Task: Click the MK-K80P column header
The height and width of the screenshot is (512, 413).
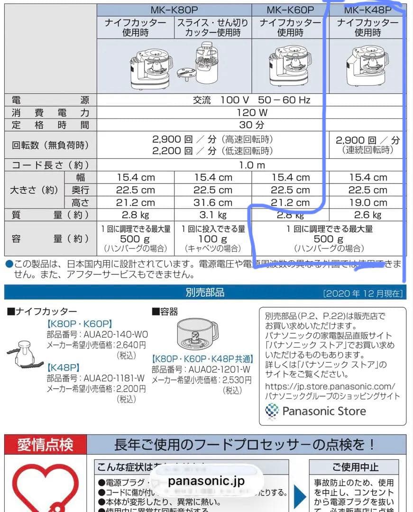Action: pyautogui.click(x=174, y=10)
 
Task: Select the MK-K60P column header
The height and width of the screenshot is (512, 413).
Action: pyautogui.click(x=290, y=10)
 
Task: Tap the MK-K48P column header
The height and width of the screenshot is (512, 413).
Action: pyautogui.click(x=367, y=10)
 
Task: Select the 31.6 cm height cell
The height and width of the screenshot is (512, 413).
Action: pyautogui.click(x=213, y=202)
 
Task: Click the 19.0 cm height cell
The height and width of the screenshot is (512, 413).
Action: pyautogui.click(x=367, y=202)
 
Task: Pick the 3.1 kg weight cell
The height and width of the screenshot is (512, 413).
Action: pyautogui.click(x=213, y=215)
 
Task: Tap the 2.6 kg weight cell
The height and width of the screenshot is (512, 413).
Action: pyautogui.click(x=367, y=215)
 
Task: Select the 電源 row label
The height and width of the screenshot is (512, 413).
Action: pyautogui.click(x=50, y=100)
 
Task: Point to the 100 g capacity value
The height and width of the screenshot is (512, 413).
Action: pyautogui.click(x=213, y=239)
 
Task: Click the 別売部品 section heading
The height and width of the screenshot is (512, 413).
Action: pyautogui.click(x=205, y=293)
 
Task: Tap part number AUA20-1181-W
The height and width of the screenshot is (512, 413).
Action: pyautogui.click(x=114, y=378)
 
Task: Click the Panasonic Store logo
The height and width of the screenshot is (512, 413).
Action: pyautogui.click(x=315, y=411)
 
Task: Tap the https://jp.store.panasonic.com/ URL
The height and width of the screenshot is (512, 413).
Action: pyautogui.click(x=330, y=386)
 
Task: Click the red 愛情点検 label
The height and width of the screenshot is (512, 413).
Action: pyautogui.click(x=46, y=445)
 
